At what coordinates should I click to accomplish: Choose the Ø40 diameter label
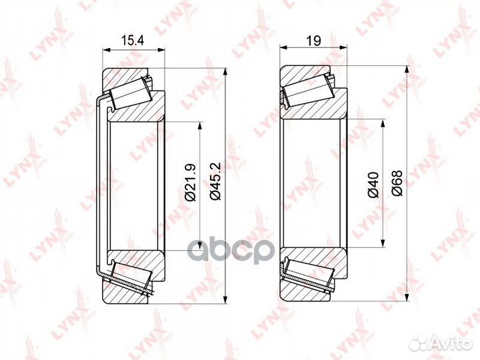(373, 184)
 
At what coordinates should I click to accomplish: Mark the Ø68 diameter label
(397, 184)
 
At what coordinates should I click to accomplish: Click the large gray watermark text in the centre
(229, 252)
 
